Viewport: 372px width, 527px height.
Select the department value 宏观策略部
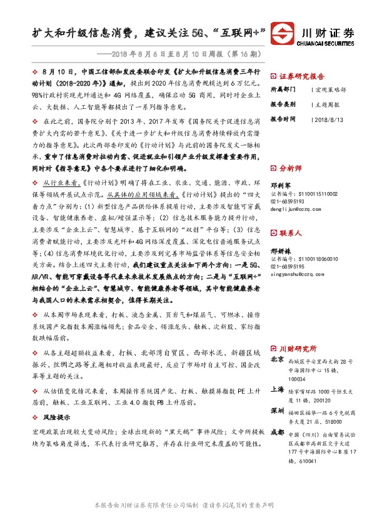[330, 90]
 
